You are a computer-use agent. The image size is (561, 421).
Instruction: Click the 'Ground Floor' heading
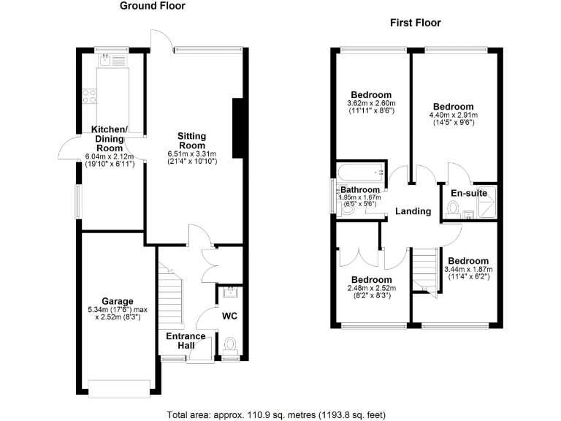coord(152,6)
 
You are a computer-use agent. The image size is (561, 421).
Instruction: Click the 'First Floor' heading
coord(416,23)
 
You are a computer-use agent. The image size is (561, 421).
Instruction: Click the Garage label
coord(117,301)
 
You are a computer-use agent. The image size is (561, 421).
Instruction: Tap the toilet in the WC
coord(231,345)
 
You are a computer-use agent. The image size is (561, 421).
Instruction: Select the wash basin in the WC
coord(230,293)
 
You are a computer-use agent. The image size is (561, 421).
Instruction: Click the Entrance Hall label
coord(186,341)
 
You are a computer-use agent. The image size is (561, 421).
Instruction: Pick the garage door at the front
coord(121,388)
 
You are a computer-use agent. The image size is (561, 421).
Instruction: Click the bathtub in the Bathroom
coord(360,174)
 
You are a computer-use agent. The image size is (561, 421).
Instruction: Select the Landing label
coord(413,211)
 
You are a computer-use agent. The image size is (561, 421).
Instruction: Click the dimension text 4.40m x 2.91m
coord(453,115)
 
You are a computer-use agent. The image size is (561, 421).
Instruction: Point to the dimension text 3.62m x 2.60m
coord(371,104)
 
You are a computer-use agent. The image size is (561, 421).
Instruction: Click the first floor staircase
coord(423,270)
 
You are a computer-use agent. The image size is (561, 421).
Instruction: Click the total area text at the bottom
coord(277,415)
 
